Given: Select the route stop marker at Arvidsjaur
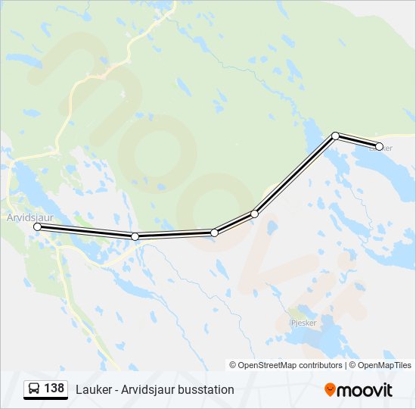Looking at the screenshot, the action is tap(37, 226).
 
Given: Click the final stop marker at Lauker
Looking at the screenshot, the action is tap(379, 146).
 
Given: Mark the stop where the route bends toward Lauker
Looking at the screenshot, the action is tap(335, 136).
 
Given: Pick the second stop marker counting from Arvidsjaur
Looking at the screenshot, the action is tap(135, 236).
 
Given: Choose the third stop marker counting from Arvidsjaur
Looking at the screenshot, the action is tap(215, 233).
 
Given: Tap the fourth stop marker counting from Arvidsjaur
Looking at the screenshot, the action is tap(255, 214).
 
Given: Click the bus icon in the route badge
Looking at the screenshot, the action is tap(35, 389).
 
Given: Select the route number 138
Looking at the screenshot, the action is tap(54, 389).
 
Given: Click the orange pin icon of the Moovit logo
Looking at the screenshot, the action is tap(330, 389).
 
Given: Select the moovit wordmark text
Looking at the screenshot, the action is tap(365, 389).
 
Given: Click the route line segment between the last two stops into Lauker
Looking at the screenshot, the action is tap(357, 141).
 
